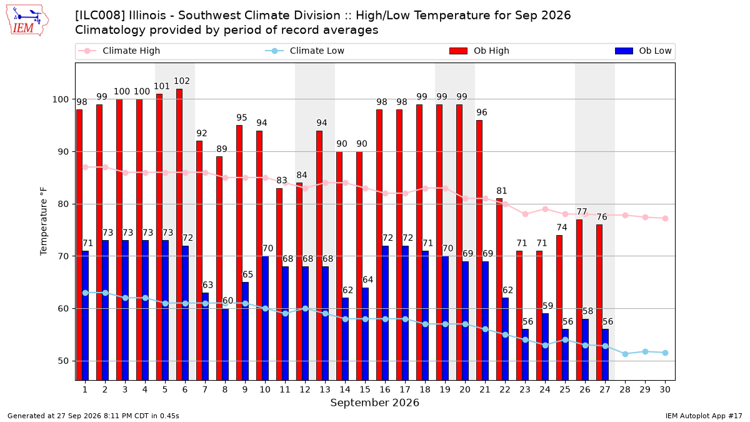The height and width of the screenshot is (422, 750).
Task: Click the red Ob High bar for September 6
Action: click(179, 234)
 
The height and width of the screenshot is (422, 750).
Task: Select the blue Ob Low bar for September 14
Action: click(345, 339)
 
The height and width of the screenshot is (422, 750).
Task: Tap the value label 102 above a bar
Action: click(182, 81)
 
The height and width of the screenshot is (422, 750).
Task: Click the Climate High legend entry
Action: click(119, 51)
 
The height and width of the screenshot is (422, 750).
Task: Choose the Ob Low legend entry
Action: click(643, 51)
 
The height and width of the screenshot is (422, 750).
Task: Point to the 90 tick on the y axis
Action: click(63, 152)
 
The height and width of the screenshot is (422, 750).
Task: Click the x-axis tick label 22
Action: click(504, 389)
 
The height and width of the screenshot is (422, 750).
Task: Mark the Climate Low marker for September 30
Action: click(665, 353)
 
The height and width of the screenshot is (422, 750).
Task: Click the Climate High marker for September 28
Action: click(625, 215)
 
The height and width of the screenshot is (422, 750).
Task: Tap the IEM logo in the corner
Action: click(27, 21)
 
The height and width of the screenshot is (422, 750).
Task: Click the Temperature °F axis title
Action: click(44, 221)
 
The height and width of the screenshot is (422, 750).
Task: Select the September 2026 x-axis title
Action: click(374, 403)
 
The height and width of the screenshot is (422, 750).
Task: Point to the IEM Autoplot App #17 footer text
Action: click(704, 416)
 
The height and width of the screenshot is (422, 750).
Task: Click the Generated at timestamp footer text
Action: click(93, 416)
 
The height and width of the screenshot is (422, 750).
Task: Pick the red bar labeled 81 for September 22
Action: click(499, 289)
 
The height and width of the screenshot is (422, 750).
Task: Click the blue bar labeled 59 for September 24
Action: click(545, 347)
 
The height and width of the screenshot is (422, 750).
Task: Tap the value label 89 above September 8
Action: click(222, 149)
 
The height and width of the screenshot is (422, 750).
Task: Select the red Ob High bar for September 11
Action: click(279, 284)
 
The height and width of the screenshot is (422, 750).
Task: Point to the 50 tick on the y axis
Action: click(63, 361)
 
